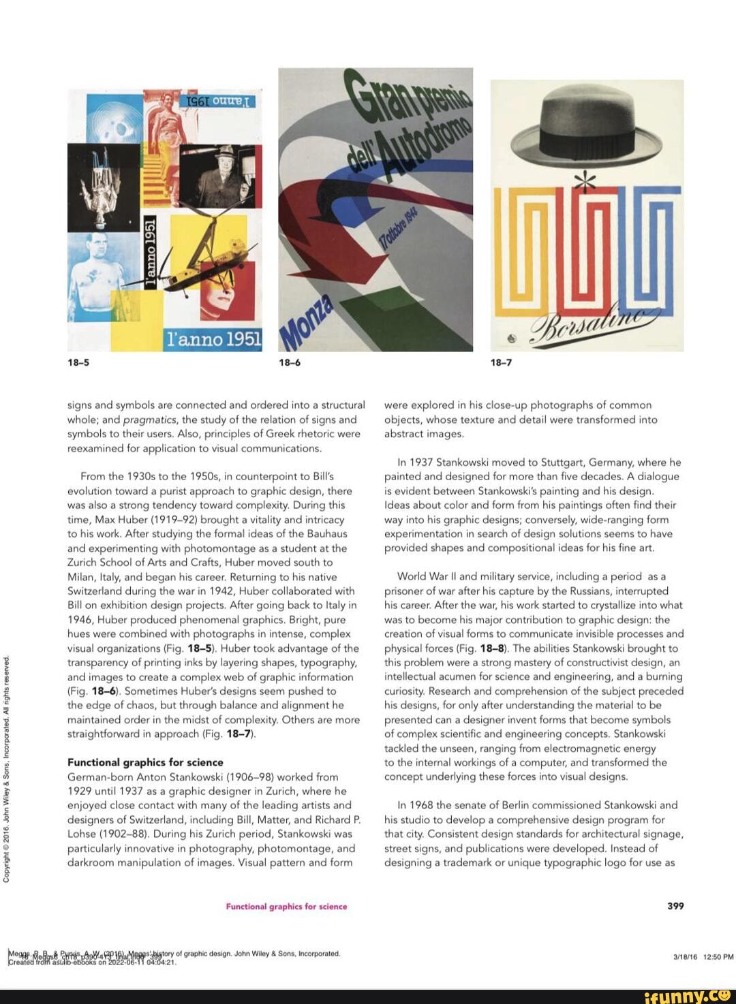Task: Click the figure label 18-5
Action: point(78,362)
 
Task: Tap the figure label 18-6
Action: point(290,362)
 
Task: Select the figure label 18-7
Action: point(501,362)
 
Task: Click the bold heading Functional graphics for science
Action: point(145,762)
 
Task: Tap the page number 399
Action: point(675,906)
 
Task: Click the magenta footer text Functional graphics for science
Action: point(286,907)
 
